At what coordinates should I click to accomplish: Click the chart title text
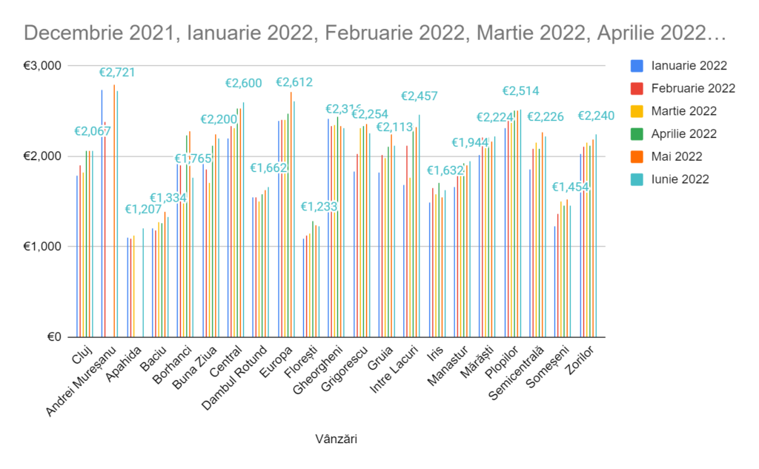point(375,33)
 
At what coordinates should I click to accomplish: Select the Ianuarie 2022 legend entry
point(689,66)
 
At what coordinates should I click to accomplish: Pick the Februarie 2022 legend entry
point(693,89)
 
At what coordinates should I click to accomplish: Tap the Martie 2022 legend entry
point(683,111)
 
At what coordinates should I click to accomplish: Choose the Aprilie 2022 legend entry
point(683,134)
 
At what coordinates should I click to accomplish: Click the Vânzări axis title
point(336,439)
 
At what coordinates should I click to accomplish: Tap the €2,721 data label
point(117,73)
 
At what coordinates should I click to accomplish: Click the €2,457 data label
point(420,96)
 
